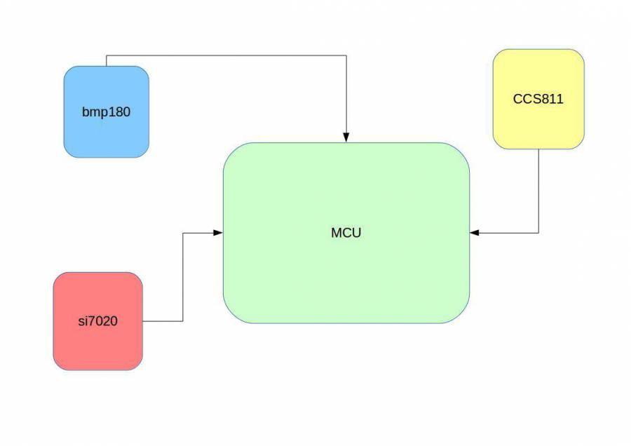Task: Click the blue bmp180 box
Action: [107, 133]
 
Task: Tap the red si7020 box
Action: [98, 344]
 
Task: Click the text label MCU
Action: [346, 233]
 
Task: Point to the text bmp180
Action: [106, 111]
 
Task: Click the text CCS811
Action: [538, 99]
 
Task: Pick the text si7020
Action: [98, 322]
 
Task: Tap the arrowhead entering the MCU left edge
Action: [218, 233]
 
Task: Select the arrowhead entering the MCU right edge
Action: [475, 233]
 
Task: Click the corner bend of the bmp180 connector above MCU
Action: [346, 55]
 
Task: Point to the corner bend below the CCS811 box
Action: [538, 233]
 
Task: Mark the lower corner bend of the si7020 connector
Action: [183, 321]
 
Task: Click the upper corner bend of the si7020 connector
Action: [183, 233]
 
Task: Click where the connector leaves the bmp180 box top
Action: [107, 66]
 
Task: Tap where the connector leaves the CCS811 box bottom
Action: [538, 149]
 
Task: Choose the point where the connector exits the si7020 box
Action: [143, 321]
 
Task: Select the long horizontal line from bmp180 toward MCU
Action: [224, 55]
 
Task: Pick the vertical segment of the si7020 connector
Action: [183, 277]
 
